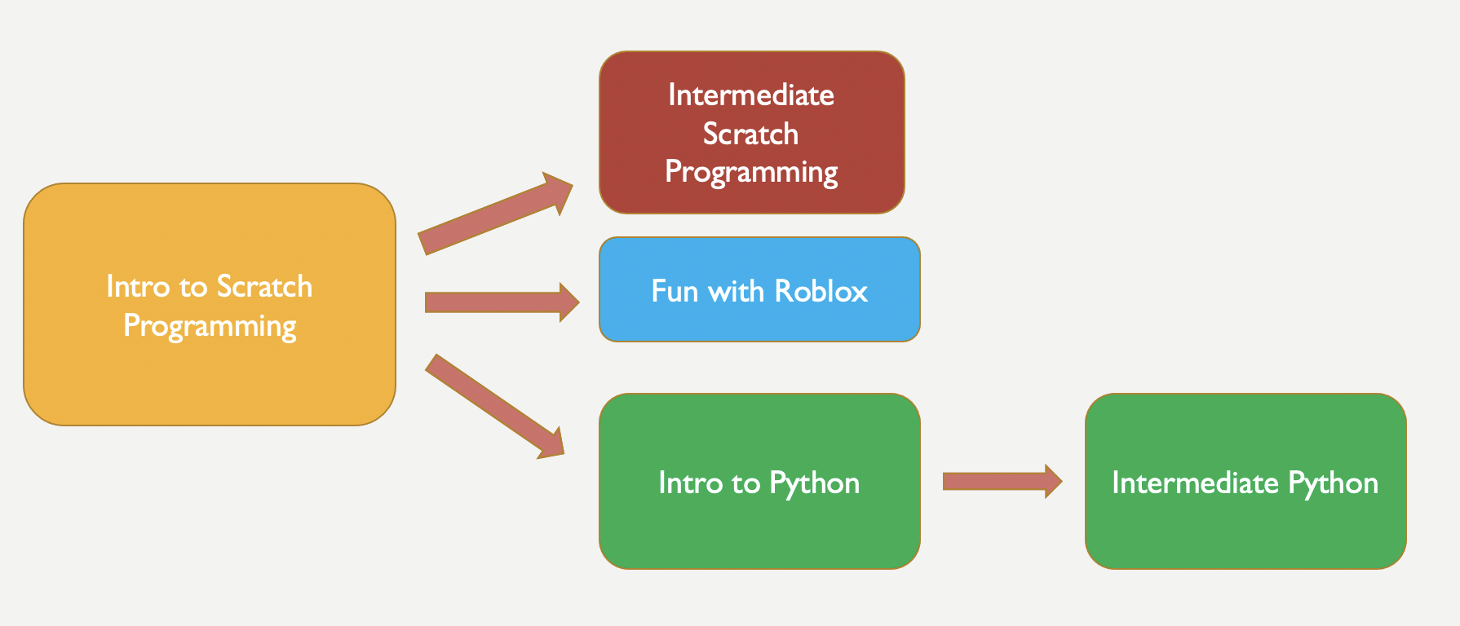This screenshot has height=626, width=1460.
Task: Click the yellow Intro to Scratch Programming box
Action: [210, 304]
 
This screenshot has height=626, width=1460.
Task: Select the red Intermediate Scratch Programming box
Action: [752, 133]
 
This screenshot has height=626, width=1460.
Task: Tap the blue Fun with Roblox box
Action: [759, 289]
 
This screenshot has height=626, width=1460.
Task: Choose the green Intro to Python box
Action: [759, 481]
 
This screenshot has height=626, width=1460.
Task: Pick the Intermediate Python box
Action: [1245, 481]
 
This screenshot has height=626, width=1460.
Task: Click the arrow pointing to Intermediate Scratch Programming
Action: [496, 214]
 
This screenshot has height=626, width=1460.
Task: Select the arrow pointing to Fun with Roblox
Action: [502, 302]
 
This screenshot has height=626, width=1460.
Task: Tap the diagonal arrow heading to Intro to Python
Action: [495, 407]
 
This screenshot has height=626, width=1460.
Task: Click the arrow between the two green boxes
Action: [1002, 481]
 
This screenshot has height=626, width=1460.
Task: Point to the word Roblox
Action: [821, 291]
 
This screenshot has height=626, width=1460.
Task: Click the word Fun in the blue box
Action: [675, 291]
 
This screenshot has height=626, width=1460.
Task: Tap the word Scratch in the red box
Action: [750, 134]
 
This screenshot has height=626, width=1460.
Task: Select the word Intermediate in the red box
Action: [751, 95]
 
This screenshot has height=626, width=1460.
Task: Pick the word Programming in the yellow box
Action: [210, 326]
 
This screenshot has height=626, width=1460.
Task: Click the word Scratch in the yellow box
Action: [264, 287]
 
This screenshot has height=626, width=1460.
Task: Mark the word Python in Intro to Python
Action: [815, 483]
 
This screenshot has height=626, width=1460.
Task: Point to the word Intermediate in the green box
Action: [1195, 483]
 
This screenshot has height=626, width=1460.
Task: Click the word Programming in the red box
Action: [751, 172]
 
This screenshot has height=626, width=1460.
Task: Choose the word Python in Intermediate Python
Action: [1334, 483]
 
